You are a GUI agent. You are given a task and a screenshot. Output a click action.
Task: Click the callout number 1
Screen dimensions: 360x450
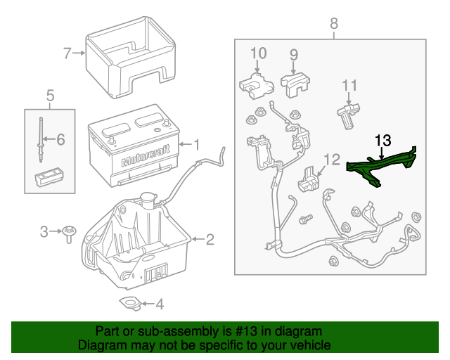point(197,145)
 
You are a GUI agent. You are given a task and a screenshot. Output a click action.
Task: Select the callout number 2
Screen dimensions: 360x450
point(209,240)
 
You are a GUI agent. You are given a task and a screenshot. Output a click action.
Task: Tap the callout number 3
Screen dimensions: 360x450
point(44,231)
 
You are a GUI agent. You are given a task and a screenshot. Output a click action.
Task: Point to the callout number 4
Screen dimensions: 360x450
point(160,304)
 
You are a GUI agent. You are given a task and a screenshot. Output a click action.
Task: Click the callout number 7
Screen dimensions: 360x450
point(67,53)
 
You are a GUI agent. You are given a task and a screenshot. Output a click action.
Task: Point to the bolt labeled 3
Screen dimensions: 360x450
point(69,233)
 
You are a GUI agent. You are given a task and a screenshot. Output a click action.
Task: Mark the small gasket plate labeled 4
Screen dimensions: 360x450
point(129,303)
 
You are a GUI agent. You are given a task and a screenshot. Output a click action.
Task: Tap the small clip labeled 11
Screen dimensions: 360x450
point(348,115)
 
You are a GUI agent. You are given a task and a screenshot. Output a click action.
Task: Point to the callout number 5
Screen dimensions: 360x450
point(50,94)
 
